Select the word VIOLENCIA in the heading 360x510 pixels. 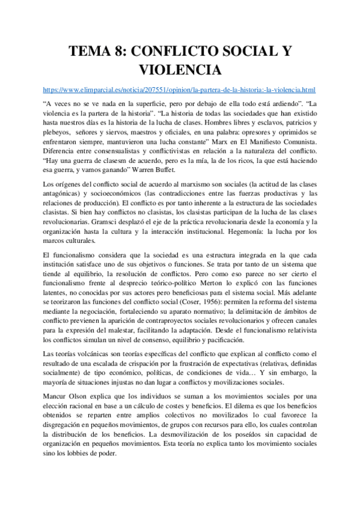tap(180, 70)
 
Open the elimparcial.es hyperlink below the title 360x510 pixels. tap(179, 90)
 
